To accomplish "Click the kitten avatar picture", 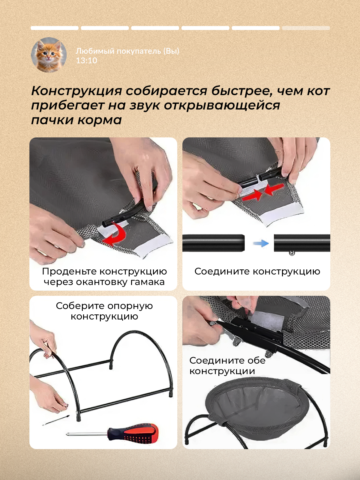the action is coord(49,55).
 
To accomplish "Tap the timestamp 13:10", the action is coord(87,61).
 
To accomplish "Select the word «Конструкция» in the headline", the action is coord(76,91).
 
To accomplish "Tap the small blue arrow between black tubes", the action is coord(261,243).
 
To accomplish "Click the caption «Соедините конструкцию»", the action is coord(257,271).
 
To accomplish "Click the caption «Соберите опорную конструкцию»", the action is coord(104,311).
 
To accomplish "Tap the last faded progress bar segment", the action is coord(306,28).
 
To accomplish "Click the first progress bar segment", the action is coord(54,28).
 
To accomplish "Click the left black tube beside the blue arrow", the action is coord(214,243).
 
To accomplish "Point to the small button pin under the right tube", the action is coord(292,253).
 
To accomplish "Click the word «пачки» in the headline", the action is coord(52,120).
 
